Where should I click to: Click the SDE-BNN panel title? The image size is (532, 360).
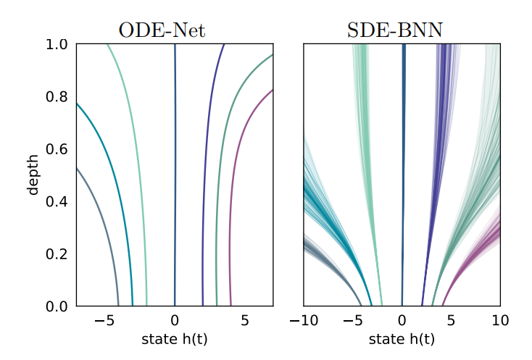pos(401,30)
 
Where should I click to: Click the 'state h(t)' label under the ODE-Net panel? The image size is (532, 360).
pos(175,339)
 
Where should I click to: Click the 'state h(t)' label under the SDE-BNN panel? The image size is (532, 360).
pos(402,339)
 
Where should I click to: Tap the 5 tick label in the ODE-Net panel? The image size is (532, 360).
pos(245,321)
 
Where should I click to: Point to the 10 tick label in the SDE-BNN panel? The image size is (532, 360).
pos(500,321)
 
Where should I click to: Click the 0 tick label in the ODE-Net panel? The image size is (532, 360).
pos(175,321)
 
